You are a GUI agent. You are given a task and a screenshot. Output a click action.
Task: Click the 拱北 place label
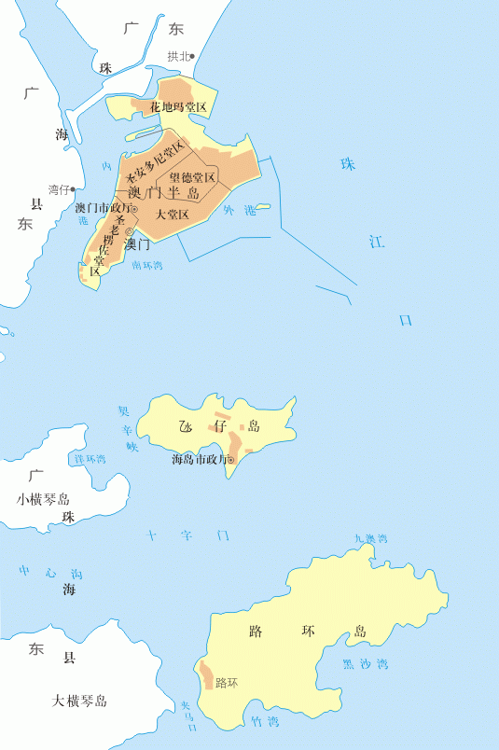point(177,56)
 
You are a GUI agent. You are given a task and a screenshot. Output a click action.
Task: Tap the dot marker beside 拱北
point(193,56)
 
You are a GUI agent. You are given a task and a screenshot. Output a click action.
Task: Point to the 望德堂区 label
point(192,177)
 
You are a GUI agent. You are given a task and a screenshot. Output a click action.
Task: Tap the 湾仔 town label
point(59,189)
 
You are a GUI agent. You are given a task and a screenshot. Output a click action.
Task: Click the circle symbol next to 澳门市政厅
point(134,209)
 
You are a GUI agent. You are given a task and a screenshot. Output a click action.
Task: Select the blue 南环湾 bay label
point(147,266)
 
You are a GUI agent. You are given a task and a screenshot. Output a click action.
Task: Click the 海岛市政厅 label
point(199,459)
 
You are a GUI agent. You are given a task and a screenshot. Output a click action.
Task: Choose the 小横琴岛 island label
point(43,499)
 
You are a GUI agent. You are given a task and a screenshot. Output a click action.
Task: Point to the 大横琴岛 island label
point(80,701)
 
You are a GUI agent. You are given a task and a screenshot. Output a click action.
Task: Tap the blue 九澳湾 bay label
point(370,538)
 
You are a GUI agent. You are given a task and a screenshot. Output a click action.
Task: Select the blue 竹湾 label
point(265,721)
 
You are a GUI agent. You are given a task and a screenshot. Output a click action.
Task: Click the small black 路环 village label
point(227,683)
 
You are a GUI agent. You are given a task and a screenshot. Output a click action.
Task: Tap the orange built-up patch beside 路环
point(205,674)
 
